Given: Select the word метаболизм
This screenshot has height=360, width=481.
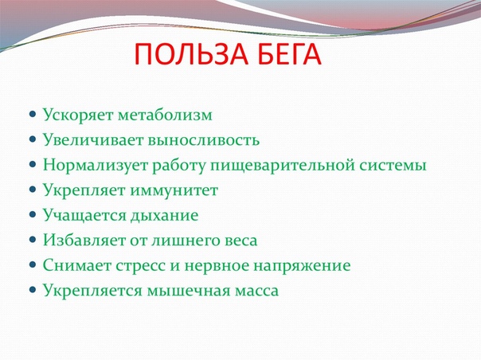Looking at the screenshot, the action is [165, 115].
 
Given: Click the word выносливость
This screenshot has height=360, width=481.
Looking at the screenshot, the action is [204, 140].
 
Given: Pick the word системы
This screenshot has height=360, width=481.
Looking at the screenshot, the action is [393, 166].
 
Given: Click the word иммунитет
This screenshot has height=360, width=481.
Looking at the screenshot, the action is [174, 190].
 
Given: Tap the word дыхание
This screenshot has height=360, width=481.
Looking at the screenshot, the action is [164, 216].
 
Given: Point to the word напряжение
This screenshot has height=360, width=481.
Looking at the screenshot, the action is [302, 266].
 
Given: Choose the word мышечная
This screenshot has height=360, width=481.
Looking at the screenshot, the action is [189, 291].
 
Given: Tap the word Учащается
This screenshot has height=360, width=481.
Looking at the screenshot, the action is [84, 215].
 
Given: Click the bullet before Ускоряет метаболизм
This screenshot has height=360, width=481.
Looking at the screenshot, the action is [33, 115].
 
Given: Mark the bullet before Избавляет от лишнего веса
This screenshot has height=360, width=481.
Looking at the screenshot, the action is [33, 240].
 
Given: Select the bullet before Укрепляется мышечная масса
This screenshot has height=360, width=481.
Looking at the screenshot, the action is [33, 289].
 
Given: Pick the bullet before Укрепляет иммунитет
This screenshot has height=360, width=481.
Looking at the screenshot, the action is [33, 190].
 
